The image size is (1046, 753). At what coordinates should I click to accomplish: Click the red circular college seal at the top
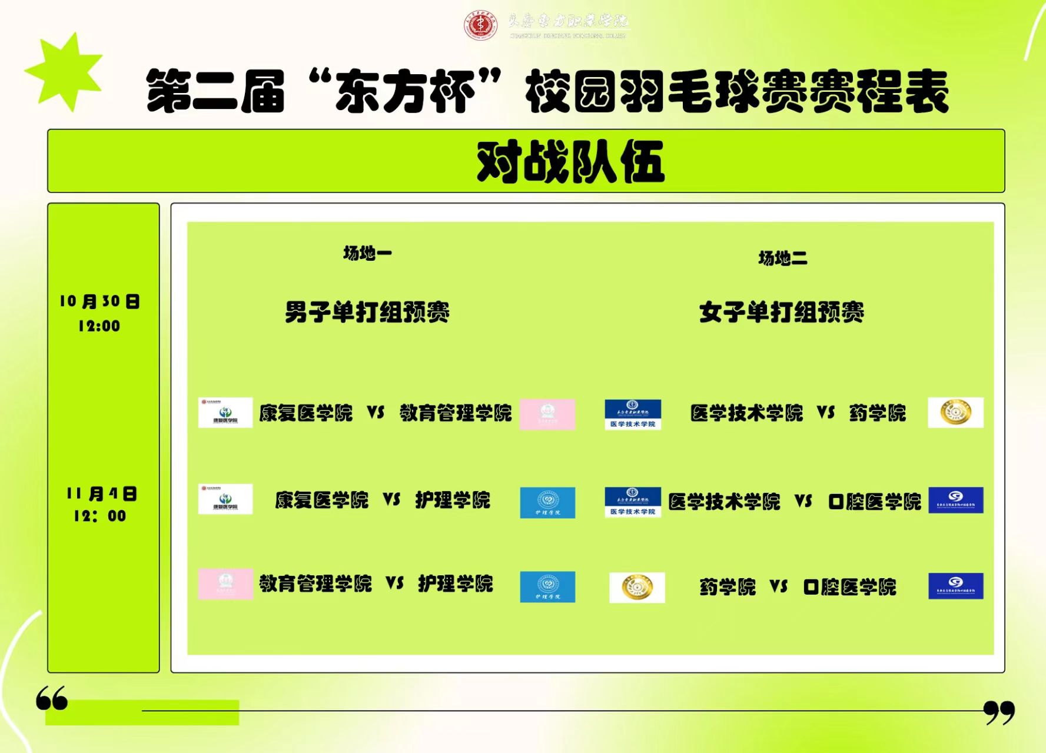click(x=480, y=25)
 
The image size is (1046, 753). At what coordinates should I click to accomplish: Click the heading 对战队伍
click(x=570, y=161)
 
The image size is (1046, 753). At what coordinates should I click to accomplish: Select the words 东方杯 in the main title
click(x=405, y=91)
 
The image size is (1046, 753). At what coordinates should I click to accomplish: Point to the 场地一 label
click(x=367, y=253)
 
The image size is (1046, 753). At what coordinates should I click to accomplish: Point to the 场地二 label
click(x=782, y=258)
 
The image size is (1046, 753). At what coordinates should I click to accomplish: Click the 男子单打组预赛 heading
click(x=367, y=312)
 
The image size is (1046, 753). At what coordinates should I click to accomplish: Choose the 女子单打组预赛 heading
click(x=781, y=312)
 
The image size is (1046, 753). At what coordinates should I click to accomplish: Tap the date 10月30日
click(x=99, y=301)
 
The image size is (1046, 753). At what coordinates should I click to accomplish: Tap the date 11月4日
click(x=101, y=493)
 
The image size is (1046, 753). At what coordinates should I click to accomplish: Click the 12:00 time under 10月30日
click(x=99, y=326)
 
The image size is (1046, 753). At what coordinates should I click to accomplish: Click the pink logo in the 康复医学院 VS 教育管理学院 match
click(x=547, y=414)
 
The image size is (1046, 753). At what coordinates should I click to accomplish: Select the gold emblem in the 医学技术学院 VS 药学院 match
click(x=955, y=412)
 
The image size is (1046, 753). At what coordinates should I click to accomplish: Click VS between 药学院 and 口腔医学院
click(x=778, y=586)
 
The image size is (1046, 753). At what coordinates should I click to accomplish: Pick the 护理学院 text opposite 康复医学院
click(x=453, y=500)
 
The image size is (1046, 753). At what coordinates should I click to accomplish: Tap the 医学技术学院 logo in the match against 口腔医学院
click(x=632, y=502)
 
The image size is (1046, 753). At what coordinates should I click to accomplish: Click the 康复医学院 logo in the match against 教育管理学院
click(x=225, y=412)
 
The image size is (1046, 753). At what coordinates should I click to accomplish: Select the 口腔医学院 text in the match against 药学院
click(x=849, y=587)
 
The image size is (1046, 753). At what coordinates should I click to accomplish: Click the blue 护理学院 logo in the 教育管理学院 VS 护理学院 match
click(x=547, y=586)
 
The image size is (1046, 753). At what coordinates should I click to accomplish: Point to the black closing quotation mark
click(x=999, y=712)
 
